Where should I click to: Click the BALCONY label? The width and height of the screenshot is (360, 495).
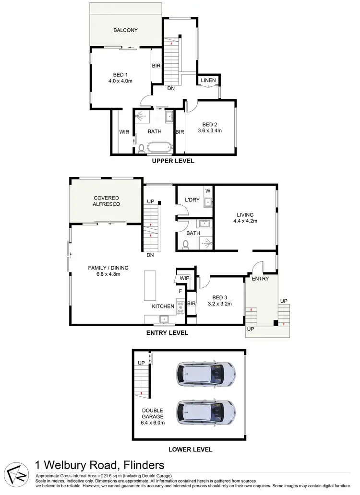coord(125,30)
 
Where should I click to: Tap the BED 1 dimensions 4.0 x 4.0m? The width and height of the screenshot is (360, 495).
coord(120,81)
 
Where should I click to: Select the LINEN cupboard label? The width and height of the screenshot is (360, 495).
coord(208,80)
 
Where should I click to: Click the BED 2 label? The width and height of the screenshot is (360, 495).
coord(210,124)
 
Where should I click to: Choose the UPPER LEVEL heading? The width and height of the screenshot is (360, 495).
coord(173,161)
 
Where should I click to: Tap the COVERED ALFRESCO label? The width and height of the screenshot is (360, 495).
coord(106,201)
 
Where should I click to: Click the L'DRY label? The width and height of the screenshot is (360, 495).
coord(186,200)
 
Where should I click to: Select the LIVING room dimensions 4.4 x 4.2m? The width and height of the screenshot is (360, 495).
coord(245,222)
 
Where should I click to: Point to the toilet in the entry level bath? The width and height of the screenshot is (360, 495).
coord(186,244)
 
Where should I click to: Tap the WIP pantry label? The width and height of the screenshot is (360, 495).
coord(185,278)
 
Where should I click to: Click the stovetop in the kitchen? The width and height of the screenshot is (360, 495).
coord(181,306)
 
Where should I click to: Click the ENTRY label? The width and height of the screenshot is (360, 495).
coord(260,279)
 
